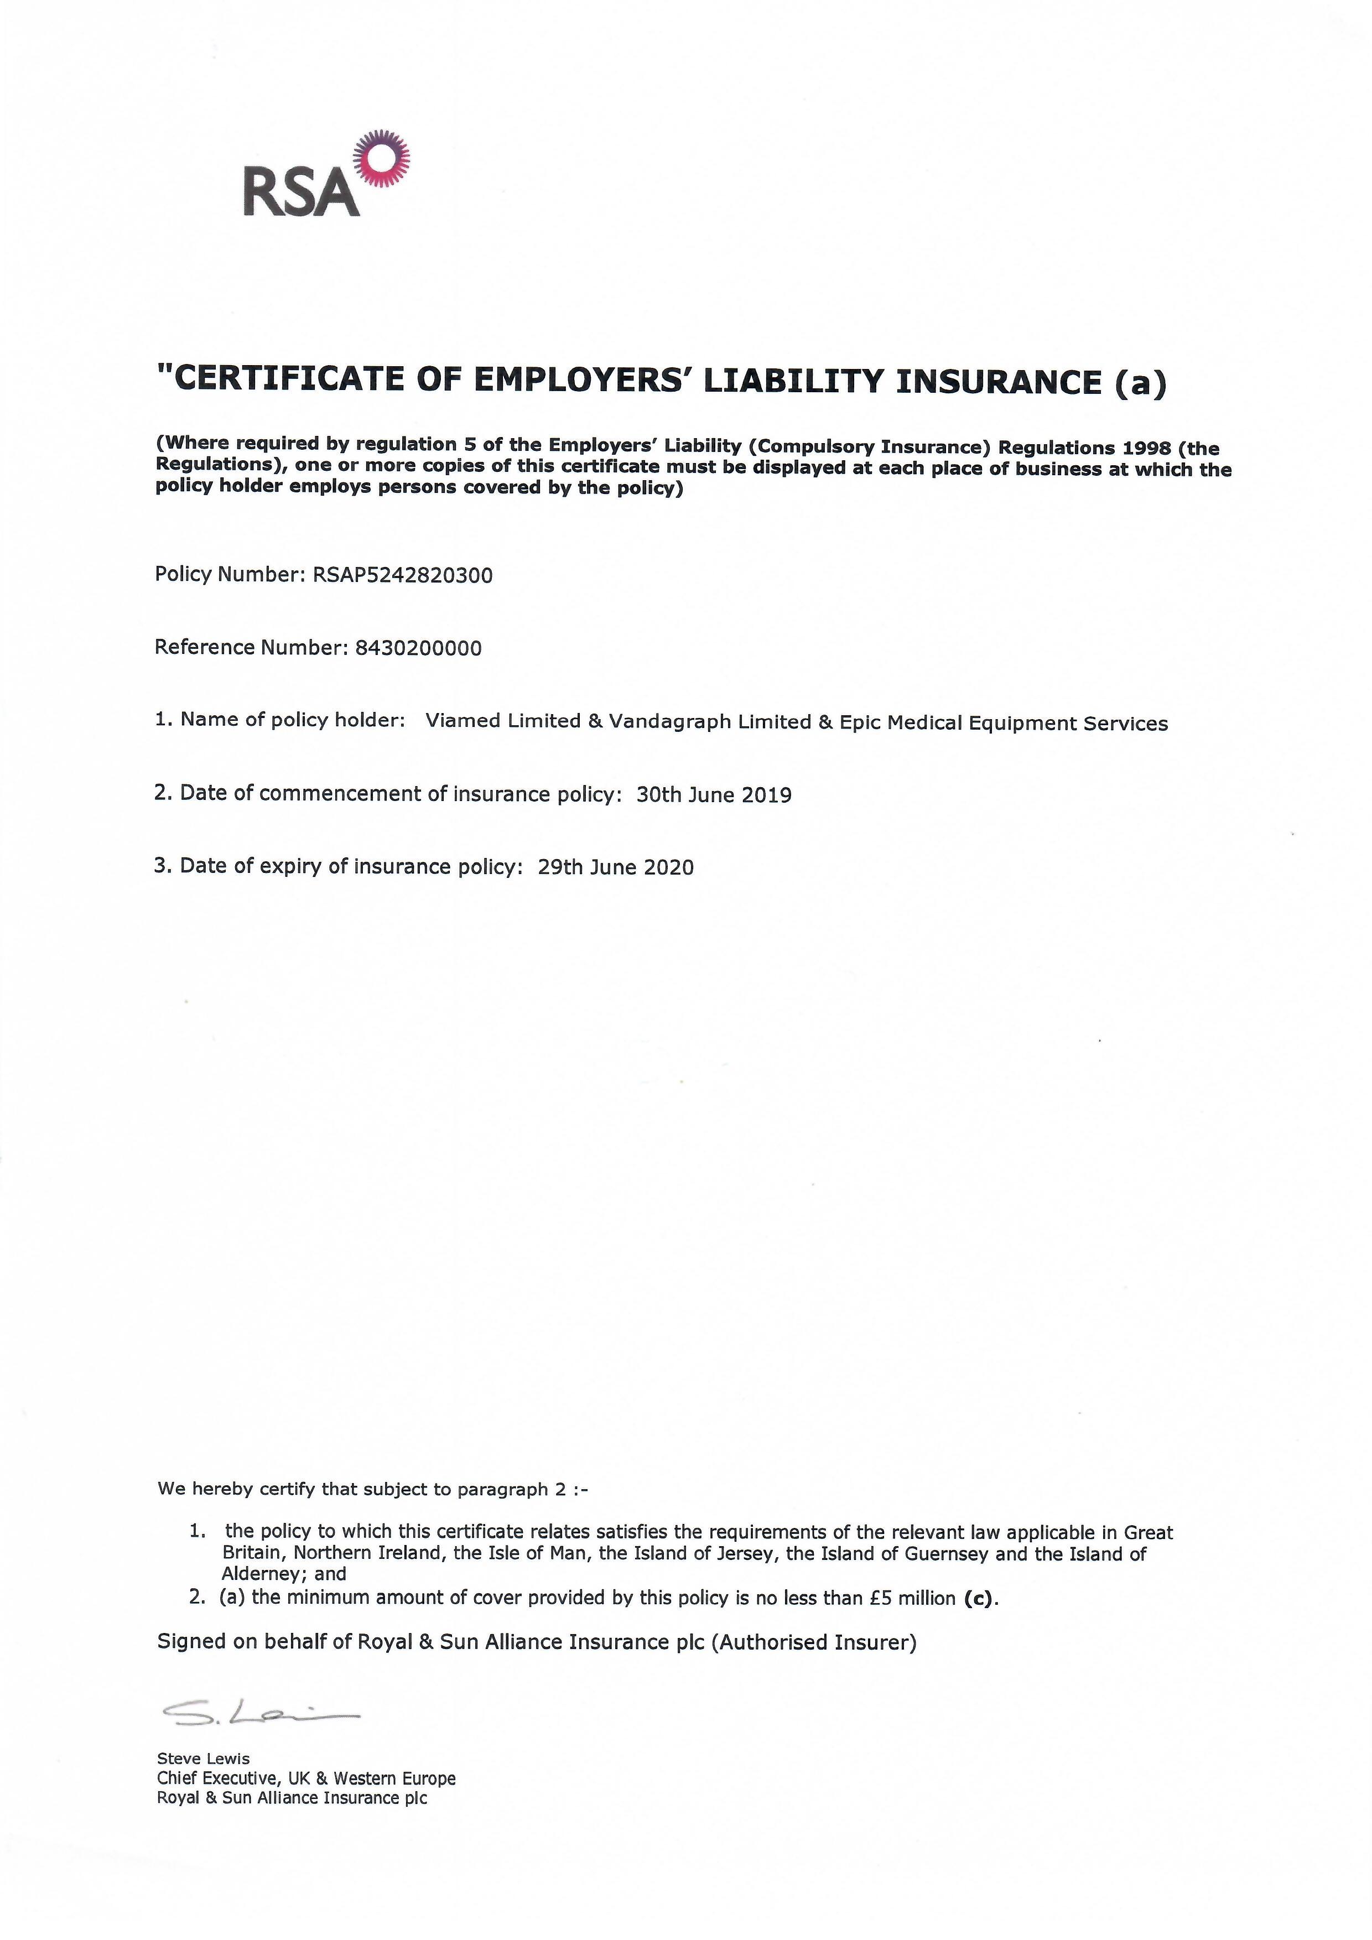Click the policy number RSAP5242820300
point(402,575)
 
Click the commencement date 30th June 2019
point(714,794)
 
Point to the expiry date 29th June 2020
point(615,867)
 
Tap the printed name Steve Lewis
point(204,1759)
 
